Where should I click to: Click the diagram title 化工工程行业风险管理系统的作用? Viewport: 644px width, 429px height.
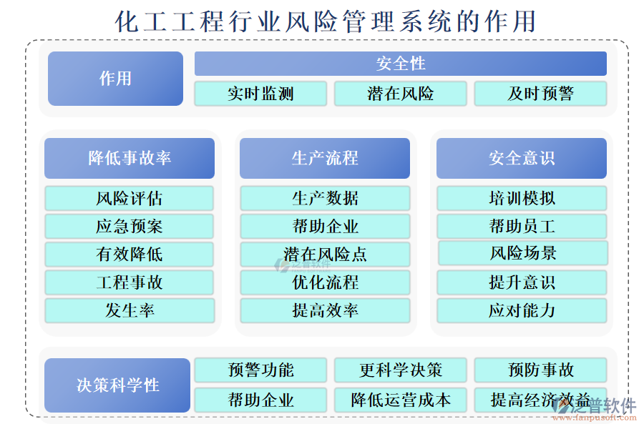tap(326, 21)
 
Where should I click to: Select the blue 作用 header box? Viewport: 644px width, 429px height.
tap(115, 79)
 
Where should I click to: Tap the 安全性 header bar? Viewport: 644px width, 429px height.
tap(400, 64)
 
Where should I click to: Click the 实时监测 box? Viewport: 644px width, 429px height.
tap(260, 94)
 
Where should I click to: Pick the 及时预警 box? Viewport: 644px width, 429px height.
tap(540, 94)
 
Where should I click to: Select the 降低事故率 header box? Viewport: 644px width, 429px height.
tap(130, 158)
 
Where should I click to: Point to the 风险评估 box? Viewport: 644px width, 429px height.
tap(130, 198)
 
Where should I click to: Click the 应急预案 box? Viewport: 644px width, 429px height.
tap(130, 227)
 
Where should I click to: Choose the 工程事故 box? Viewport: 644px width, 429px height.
tap(130, 282)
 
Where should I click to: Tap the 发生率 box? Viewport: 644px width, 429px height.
tap(130, 310)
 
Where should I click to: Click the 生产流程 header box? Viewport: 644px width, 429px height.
tap(325, 158)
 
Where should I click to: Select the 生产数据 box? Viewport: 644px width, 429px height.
tap(325, 198)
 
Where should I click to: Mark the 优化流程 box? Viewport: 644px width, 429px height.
tap(325, 282)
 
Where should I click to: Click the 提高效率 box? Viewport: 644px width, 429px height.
tap(325, 310)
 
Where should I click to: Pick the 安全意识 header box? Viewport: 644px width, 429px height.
tap(522, 158)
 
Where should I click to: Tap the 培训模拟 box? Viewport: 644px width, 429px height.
tap(522, 198)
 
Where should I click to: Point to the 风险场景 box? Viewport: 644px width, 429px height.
tap(522, 253)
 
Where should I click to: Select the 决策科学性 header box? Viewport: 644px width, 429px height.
tap(117, 385)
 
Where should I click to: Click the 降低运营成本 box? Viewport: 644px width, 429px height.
tap(400, 400)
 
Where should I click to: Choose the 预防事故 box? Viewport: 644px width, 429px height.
tap(540, 370)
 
